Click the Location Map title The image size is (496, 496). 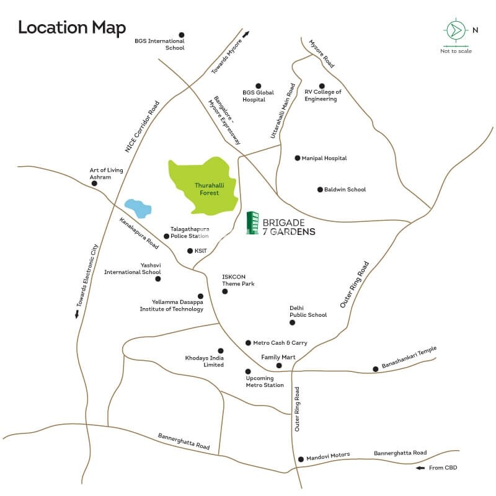tap(72, 28)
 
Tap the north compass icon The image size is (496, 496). tap(456, 30)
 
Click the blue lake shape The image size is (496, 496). tap(137, 208)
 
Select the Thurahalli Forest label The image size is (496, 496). tap(207, 189)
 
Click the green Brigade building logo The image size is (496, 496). tap(252, 223)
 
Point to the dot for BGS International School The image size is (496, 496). tap(182, 35)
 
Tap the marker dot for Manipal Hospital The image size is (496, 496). tap(298, 158)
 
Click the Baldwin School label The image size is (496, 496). tap(345, 189)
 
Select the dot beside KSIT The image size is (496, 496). tap(190, 251)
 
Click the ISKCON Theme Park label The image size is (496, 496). tap(238, 280)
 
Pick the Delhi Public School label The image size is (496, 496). tap(308, 311)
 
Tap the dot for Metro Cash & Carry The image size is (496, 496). tap(248, 343)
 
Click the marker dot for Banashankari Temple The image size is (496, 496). tap(375, 369)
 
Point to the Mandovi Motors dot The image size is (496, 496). tap(301, 459)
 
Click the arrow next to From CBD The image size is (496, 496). tap(420, 467)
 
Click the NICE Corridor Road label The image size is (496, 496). tap(143, 126)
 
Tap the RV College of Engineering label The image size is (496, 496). tap(322, 95)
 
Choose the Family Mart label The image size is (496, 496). tap(278, 357)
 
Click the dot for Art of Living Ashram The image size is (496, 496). tap(95, 184)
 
